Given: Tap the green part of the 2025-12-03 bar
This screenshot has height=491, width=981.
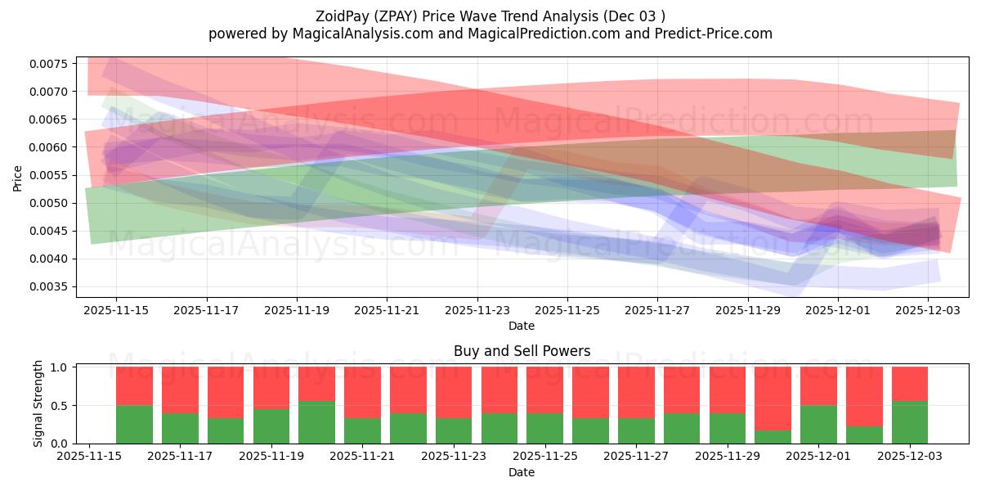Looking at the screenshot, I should click(x=910, y=422).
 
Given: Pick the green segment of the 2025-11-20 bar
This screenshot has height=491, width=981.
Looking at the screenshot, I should click(x=316, y=422).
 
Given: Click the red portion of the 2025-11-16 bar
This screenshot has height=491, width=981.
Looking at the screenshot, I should click(x=134, y=385).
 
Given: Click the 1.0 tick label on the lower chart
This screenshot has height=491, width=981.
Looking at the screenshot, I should click(x=62, y=367).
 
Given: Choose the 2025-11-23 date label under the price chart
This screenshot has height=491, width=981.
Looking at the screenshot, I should click(x=477, y=310).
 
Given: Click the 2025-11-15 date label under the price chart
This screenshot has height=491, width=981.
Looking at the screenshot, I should click(x=115, y=310).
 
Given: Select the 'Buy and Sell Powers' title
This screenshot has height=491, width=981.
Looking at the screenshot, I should click(x=522, y=352).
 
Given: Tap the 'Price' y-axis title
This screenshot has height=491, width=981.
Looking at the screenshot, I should click(x=18, y=178).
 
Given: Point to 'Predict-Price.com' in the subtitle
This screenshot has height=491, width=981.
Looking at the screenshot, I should click(x=716, y=34).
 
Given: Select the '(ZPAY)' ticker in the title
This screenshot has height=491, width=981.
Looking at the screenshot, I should click(x=401, y=16).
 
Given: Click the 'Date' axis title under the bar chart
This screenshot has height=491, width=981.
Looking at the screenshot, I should click(x=522, y=472).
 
